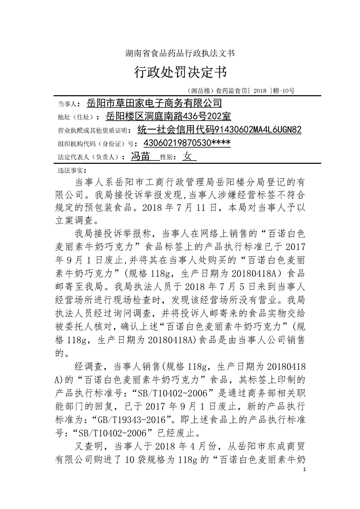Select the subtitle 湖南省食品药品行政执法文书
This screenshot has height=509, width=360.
tap(180, 54)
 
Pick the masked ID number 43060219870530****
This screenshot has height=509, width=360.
tap(187, 143)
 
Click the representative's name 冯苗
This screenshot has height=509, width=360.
tap(140, 157)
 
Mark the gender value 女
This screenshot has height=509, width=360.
tap(187, 157)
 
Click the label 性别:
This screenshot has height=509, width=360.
tap(169, 157)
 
